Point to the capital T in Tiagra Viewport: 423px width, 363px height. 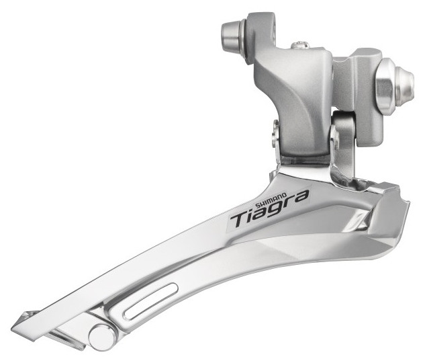click(240, 218)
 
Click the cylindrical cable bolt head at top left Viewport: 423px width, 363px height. click(231, 34)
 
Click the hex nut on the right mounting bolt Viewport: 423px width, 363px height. click(386, 86)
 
